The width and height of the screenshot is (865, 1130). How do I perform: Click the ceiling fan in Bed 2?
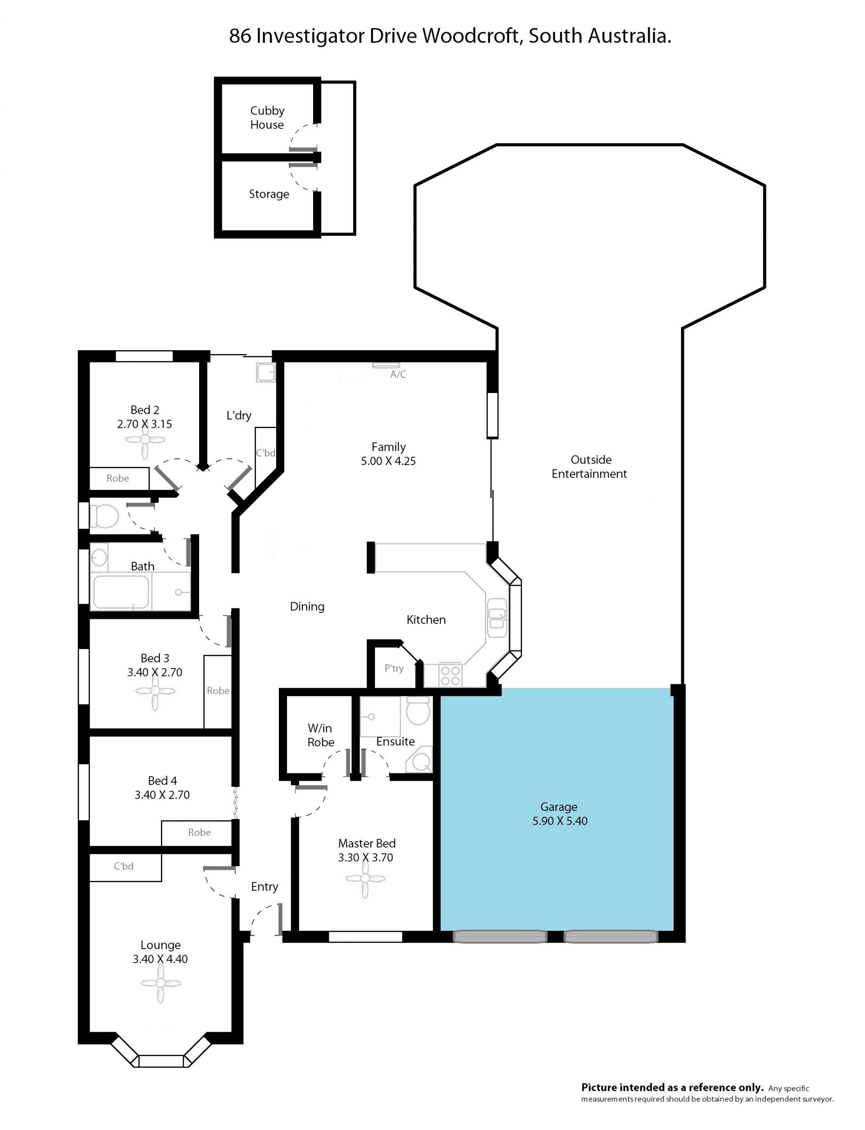(x=145, y=439)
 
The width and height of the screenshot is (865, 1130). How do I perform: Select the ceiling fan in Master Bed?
(x=365, y=878)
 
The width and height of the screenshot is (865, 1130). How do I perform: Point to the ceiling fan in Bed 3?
(x=155, y=691)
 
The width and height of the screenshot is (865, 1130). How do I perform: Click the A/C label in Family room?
(x=398, y=375)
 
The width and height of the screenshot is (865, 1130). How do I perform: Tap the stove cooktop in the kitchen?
(x=451, y=675)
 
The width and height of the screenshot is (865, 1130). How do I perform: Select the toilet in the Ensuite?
(x=418, y=711)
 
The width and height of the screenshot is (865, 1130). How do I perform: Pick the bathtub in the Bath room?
(x=120, y=592)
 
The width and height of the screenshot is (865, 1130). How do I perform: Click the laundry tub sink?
(x=266, y=372)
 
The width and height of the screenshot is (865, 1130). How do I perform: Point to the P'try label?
(x=394, y=668)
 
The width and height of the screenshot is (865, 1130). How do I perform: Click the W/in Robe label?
(x=321, y=735)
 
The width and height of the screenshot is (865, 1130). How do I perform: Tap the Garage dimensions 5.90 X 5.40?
(x=560, y=821)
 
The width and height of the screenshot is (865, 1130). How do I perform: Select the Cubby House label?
(x=267, y=118)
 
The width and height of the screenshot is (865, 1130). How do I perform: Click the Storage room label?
(x=269, y=194)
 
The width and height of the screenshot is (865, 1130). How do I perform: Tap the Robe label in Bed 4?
(x=199, y=833)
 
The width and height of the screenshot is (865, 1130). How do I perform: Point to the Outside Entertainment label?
(x=590, y=467)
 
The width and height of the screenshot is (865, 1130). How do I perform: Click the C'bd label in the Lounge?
(x=123, y=866)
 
